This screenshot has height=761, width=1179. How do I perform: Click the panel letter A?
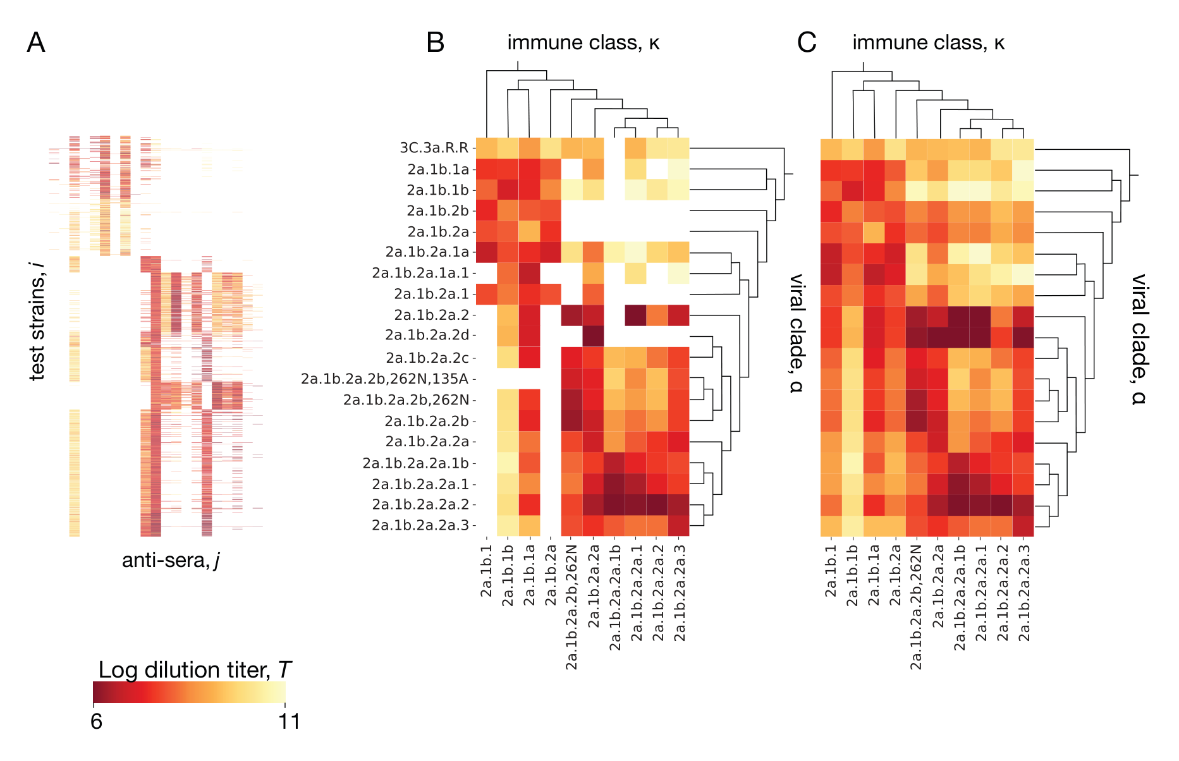tap(36, 42)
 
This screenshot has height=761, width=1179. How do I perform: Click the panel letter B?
tap(436, 42)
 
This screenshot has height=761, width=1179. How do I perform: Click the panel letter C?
tap(807, 42)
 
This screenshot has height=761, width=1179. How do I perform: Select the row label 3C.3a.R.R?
tap(434, 148)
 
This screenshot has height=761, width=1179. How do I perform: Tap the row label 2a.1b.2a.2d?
tap(431, 335)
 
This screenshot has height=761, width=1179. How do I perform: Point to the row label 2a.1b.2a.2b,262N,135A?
tap(385, 379)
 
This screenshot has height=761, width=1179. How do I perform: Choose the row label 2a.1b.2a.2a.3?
tap(420, 525)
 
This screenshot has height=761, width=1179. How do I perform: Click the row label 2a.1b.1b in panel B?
tap(438, 190)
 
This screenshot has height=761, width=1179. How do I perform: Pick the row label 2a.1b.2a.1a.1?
tap(420, 273)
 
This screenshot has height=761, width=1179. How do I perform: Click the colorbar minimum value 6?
tap(96, 721)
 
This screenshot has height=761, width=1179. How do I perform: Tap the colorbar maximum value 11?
tap(289, 721)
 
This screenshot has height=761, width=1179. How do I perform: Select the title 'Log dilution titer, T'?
tap(195, 670)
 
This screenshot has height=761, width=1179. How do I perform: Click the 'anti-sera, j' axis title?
tap(171, 561)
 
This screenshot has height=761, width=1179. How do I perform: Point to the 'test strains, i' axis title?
tap(37, 322)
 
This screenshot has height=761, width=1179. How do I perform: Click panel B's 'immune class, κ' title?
tap(583, 43)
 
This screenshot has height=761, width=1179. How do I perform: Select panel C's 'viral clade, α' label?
tap(1139, 339)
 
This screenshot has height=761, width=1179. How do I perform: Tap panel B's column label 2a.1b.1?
tap(486, 571)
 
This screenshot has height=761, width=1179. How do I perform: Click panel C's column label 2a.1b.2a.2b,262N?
tap(916, 607)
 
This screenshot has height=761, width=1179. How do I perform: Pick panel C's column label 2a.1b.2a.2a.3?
tap(1024, 593)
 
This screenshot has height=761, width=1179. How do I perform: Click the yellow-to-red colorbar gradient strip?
tap(189, 692)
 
